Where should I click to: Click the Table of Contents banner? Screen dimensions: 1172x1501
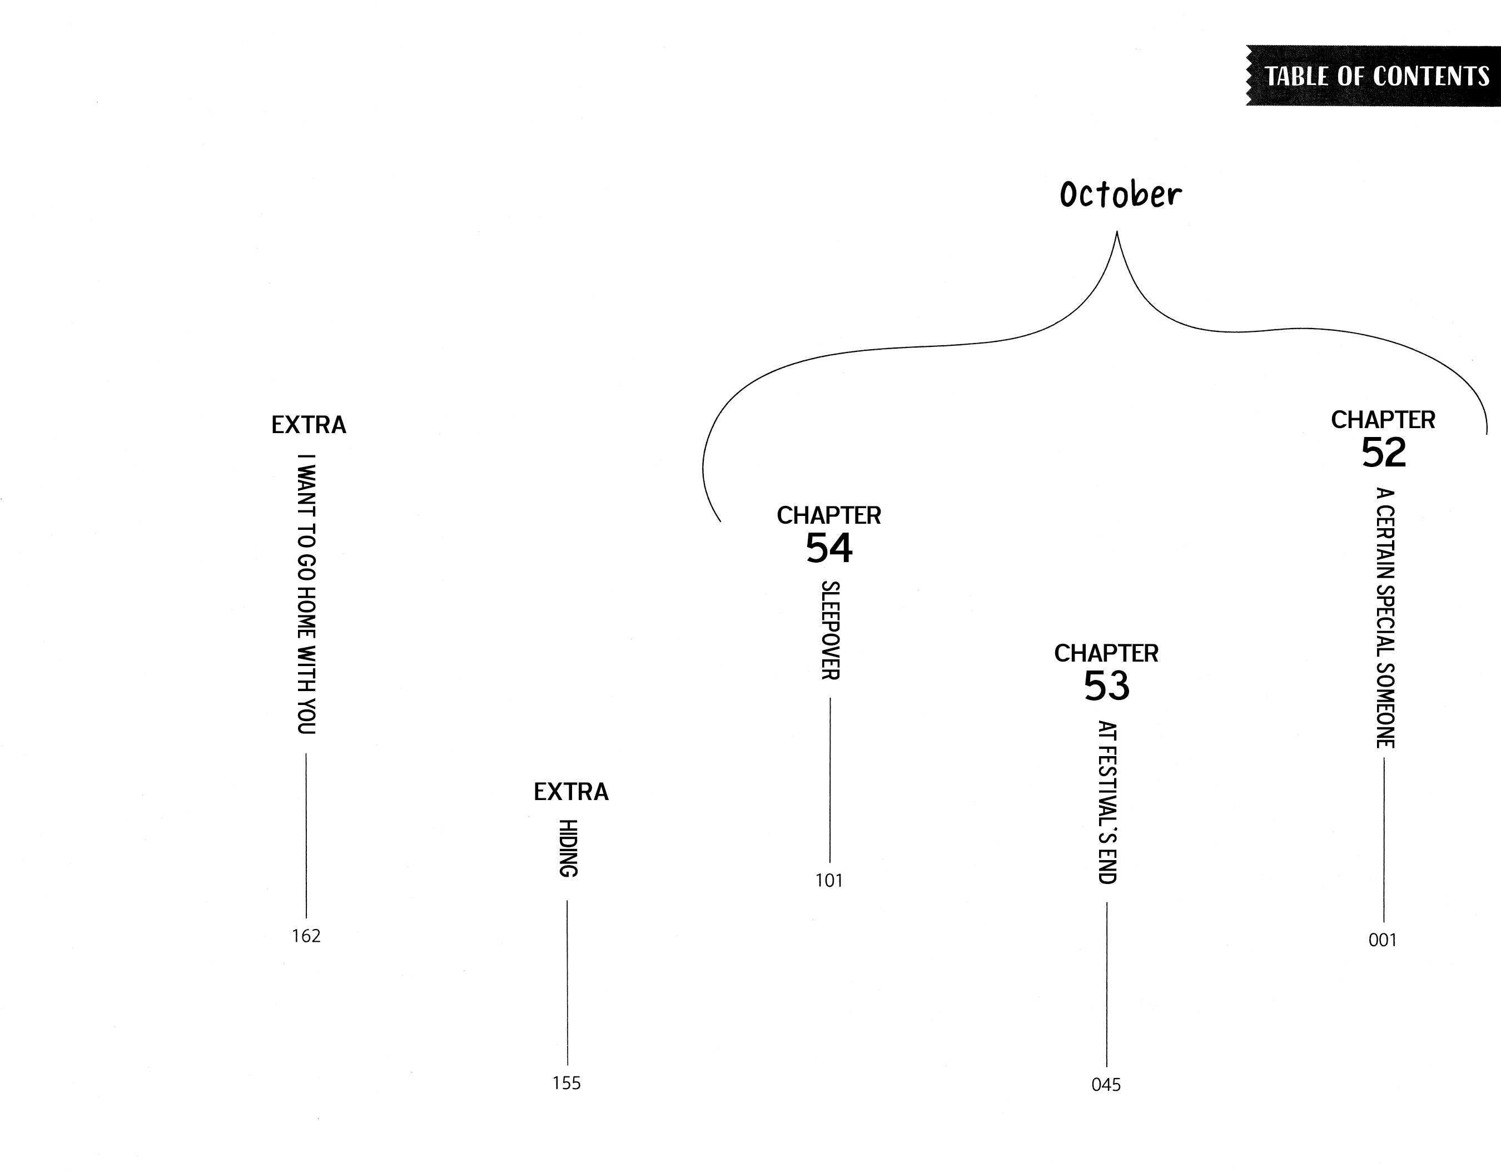click(x=1375, y=76)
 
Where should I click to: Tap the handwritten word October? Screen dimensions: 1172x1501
click(x=1120, y=195)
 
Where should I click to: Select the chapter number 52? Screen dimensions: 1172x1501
click(x=1384, y=453)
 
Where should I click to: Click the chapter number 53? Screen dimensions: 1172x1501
click(x=1106, y=686)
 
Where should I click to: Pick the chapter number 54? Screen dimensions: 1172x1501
click(x=829, y=549)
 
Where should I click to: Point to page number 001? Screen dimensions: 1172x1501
click(x=1383, y=940)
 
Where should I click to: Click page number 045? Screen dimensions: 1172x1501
click(x=1106, y=1085)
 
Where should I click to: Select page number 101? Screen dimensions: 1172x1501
click(x=829, y=881)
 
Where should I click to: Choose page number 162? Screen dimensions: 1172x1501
click(x=306, y=936)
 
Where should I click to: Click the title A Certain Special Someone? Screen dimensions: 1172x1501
click(x=1384, y=617)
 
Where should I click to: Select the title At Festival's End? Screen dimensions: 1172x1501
click(x=1106, y=802)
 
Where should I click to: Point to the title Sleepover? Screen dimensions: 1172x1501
click(x=829, y=630)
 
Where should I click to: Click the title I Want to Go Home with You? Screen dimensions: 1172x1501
click(x=306, y=594)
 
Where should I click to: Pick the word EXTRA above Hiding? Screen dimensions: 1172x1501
click(x=571, y=792)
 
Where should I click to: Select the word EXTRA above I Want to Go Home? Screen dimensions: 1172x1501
click(x=309, y=425)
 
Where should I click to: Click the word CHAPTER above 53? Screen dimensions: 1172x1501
click(x=1106, y=653)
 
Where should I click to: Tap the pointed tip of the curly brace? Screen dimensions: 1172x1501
click(x=1117, y=234)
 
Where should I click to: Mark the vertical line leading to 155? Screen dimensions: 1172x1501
click(x=568, y=983)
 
